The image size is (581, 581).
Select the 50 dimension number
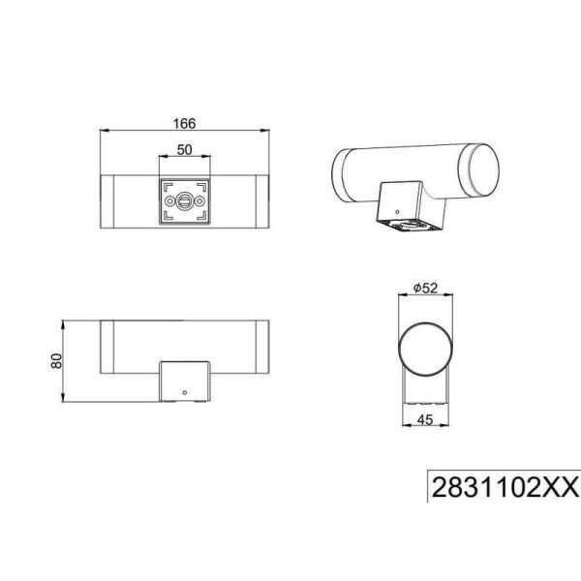click(184, 150)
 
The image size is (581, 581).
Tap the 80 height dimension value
click(57, 359)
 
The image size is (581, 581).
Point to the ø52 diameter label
click(427, 287)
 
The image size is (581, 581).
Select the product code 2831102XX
click(504, 485)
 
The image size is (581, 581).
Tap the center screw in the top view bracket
click(184, 202)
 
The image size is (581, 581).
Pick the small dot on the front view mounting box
click(184, 393)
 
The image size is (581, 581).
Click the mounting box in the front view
click(184, 381)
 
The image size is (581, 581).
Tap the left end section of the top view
click(109, 202)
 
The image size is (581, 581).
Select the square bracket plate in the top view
click(184, 202)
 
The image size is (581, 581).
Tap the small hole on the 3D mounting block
click(395, 204)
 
